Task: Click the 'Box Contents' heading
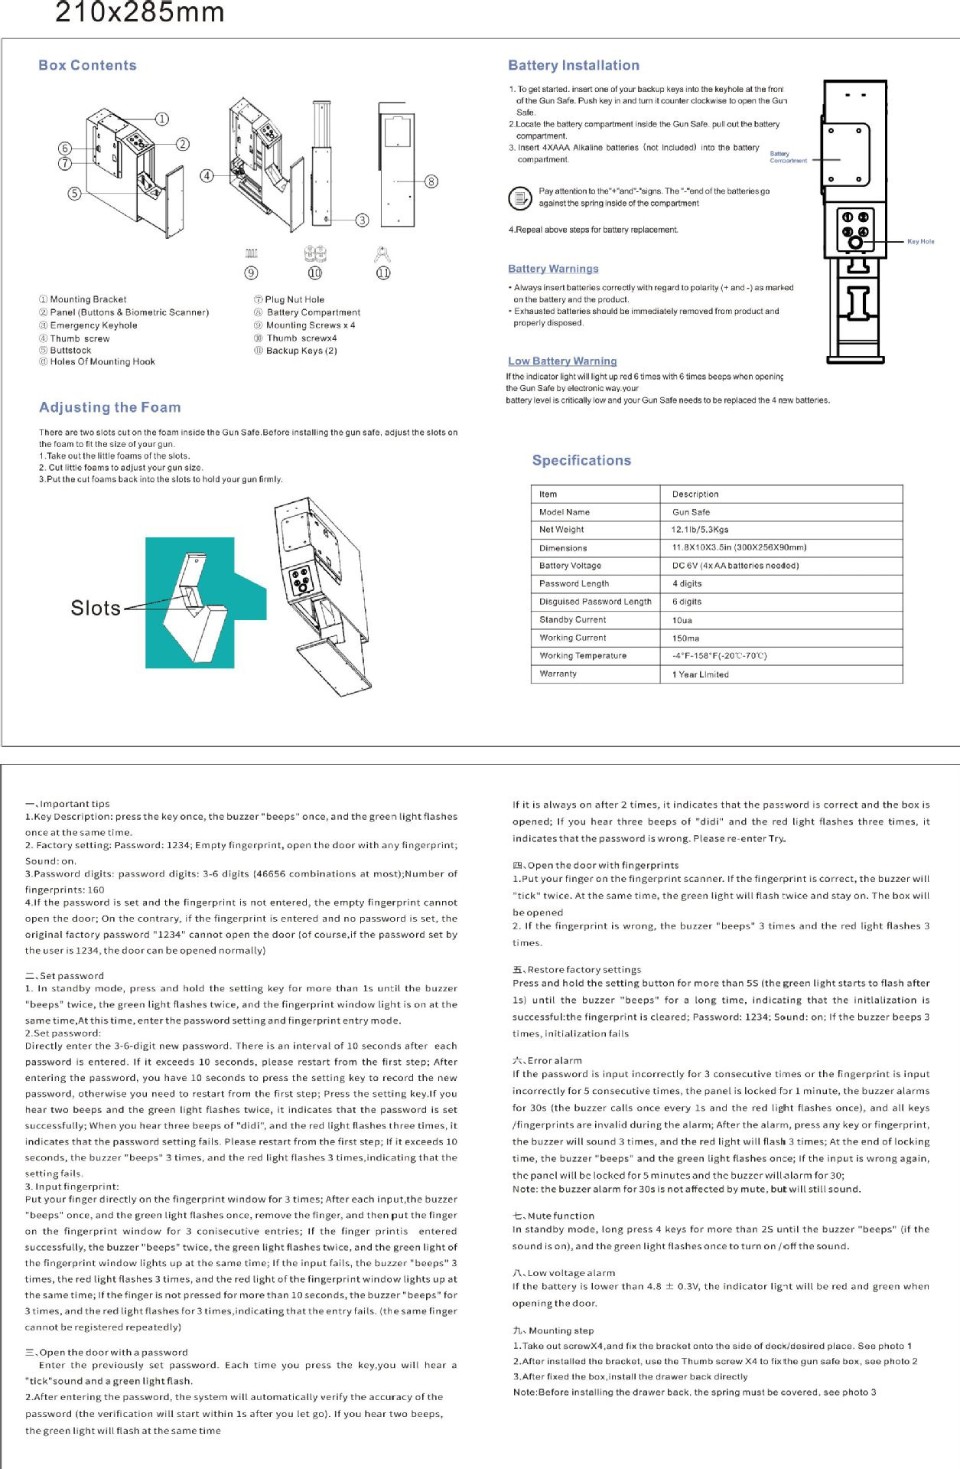87,66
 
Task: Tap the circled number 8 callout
431,181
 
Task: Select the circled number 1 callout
162,119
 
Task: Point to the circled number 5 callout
74,194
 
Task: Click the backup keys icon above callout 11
382,254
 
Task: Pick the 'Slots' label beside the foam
96,608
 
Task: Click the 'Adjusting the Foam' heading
110,407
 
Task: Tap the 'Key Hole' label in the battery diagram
920,242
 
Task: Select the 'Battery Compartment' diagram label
788,157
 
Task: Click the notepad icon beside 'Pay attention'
520,198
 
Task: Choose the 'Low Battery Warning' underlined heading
562,361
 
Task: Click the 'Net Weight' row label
561,530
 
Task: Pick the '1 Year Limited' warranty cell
700,674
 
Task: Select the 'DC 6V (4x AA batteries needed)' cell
735,566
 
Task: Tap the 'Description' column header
695,495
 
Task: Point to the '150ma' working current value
685,638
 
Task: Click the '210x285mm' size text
140,13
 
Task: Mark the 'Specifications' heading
581,461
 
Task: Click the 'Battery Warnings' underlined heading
553,269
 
